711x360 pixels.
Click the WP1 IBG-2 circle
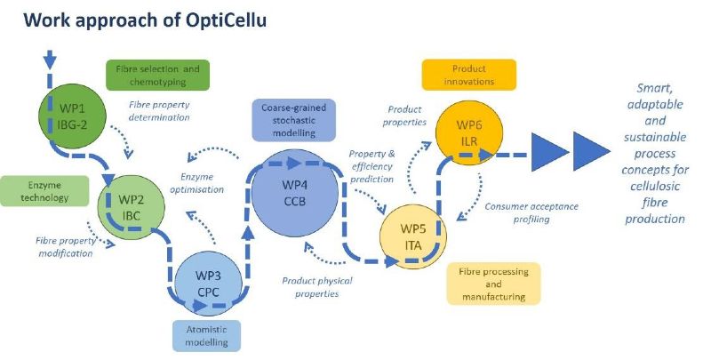(72, 116)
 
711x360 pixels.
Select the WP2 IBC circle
(131, 208)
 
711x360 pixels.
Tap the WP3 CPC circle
(209, 284)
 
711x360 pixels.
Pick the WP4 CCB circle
(295, 193)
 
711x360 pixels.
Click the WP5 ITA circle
(413, 236)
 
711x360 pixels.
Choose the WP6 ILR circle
(469, 132)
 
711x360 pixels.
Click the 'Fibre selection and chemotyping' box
(158, 76)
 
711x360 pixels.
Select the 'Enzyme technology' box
(44, 191)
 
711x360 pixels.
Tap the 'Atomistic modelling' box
(207, 336)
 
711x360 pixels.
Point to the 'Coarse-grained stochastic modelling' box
(294, 120)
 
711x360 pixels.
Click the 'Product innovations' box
(469, 75)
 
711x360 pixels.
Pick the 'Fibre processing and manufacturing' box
(494, 284)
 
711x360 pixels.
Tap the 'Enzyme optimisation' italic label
(196, 183)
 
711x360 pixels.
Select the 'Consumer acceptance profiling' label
(531, 212)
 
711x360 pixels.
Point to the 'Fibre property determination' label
(159, 110)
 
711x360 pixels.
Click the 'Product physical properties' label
(317, 287)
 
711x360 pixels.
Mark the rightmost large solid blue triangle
(592, 151)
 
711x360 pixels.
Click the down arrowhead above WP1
(50, 60)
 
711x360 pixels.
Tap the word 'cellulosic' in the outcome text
(655, 186)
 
